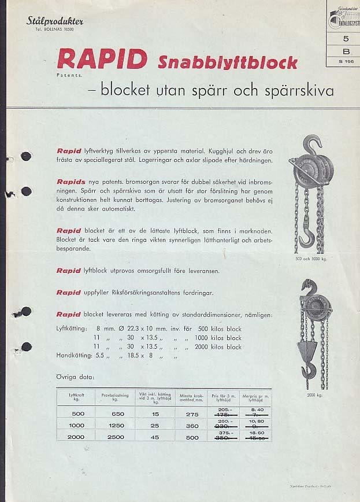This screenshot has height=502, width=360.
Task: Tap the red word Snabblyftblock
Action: pos(227,62)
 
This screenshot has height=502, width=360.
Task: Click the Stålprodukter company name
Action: pos(55,21)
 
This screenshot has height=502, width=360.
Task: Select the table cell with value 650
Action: pos(117,414)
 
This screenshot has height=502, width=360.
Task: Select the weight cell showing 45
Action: pos(155,437)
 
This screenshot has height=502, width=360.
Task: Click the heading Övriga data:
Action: pos(76,377)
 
